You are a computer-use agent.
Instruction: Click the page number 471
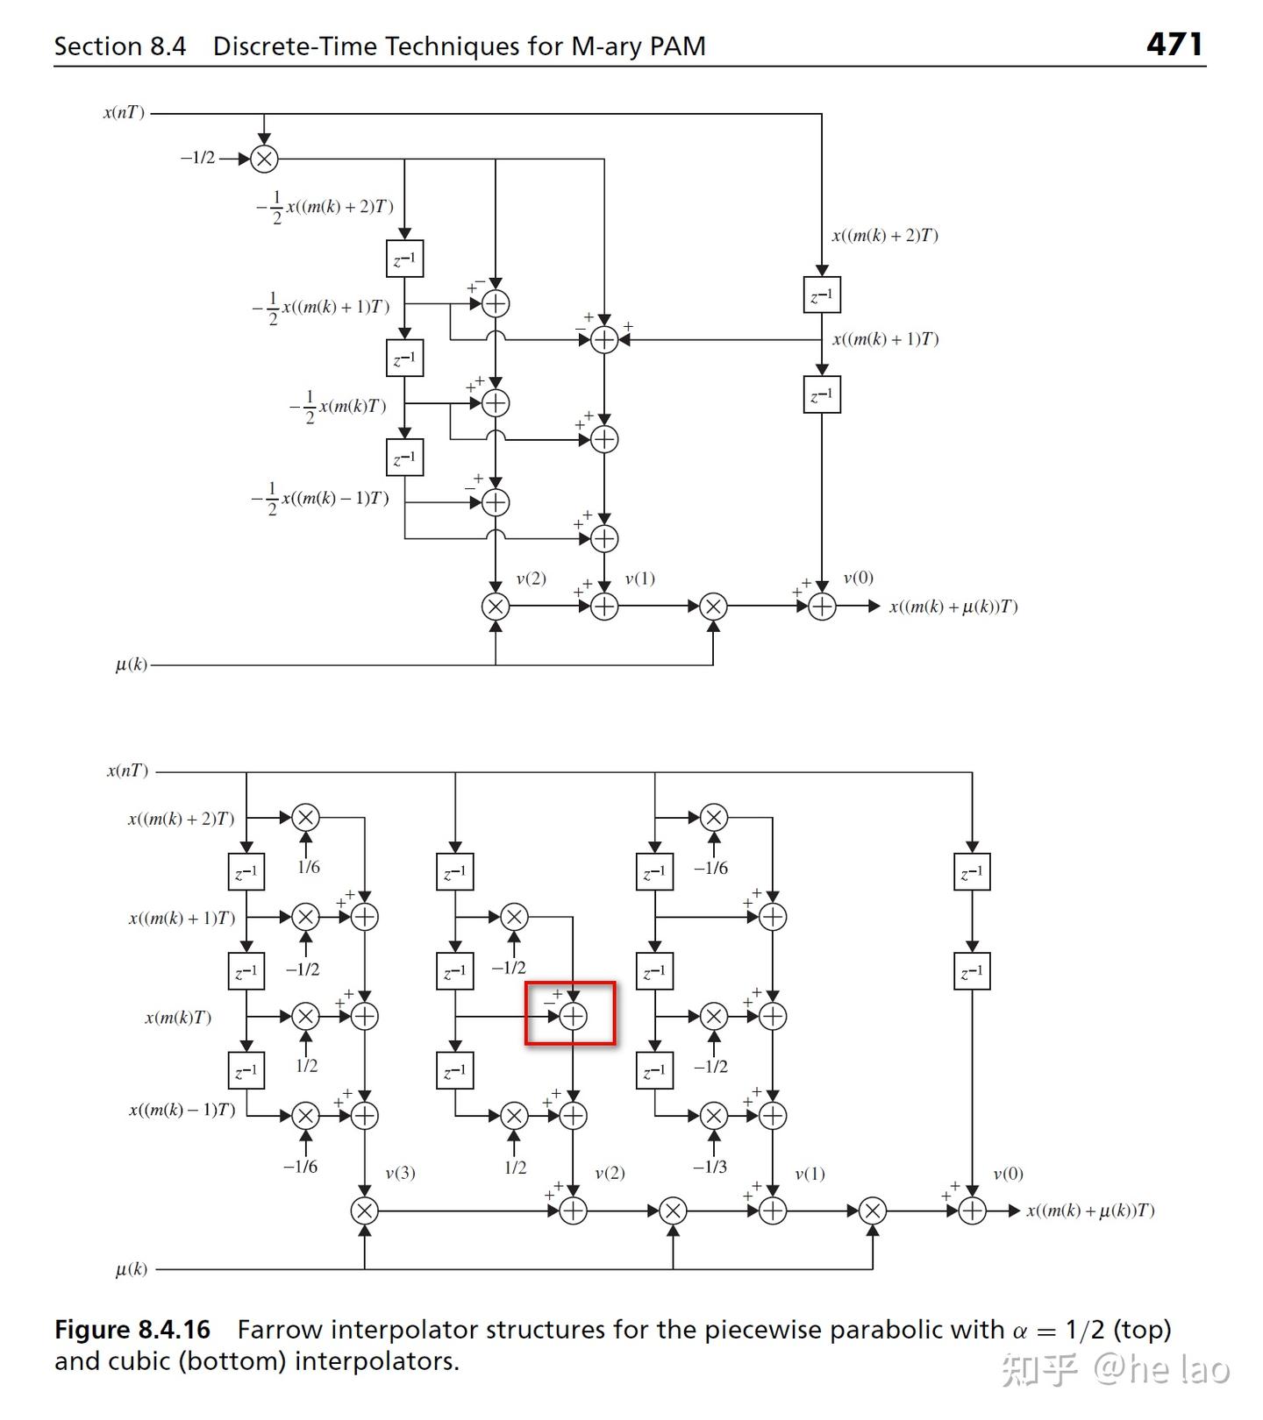[x=1174, y=44]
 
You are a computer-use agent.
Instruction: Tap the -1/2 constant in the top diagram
[x=197, y=158]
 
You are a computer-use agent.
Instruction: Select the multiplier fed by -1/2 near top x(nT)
[x=264, y=159]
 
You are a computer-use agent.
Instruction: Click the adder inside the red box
[x=573, y=1016]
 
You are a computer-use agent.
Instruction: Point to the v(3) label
[x=400, y=1173]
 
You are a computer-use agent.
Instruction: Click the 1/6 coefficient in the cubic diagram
[x=308, y=867]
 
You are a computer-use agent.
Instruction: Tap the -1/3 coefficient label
[x=710, y=1167]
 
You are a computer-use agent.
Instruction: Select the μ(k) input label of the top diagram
[x=132, y=664]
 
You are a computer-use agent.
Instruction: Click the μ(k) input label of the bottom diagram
[x=132, y=1268]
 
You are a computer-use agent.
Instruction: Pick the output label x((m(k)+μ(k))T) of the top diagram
[x=953, y=607]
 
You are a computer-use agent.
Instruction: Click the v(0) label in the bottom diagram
[x=1008, y=1174]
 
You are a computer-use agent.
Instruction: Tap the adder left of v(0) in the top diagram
[x=822, y=607]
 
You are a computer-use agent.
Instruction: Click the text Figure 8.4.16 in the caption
[x=132, y=1330]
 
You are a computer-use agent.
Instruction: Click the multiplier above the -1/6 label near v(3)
[x=305, y=1116]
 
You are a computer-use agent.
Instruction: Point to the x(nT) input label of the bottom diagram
[x=128, y=770]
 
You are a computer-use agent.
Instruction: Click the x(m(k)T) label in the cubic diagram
[x=178, y=1018]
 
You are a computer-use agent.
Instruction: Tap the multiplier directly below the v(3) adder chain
[x=364, y=1211]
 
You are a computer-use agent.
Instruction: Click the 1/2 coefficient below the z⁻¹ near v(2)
[x=515, y=1168]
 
